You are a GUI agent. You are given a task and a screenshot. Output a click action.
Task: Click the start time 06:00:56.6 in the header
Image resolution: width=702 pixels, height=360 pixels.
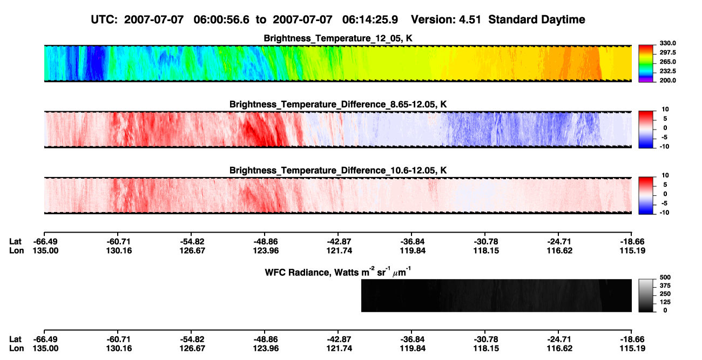coord(221,19)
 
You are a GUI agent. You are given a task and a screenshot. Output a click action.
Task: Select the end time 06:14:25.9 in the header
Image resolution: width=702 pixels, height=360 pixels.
coord(370,19)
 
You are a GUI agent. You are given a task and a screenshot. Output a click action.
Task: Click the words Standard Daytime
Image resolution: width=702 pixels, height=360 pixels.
coord(537,19)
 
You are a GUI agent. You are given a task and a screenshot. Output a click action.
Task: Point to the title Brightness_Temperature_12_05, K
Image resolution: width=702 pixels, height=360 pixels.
coord(338,38)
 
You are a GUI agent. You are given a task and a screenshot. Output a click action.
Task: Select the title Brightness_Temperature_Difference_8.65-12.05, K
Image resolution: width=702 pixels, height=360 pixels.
coord(338,104)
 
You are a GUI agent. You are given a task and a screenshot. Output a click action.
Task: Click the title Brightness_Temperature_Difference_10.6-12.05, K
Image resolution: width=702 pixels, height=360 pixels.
coord(338,171)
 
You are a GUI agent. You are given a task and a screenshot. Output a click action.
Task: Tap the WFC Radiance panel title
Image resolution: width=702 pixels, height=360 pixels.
coord(338,272)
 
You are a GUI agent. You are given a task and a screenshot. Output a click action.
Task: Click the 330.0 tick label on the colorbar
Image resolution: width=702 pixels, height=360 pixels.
coord(667,43)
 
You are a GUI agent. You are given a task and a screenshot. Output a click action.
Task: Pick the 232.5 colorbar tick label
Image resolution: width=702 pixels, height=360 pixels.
coord(667,71)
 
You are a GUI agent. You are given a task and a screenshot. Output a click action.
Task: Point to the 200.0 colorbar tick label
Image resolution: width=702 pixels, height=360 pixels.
coord(667,80)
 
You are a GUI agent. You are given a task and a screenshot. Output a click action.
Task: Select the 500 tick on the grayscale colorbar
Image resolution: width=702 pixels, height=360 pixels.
coord(665,277)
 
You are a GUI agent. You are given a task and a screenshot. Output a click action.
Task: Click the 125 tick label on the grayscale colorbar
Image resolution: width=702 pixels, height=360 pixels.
coord(665,302)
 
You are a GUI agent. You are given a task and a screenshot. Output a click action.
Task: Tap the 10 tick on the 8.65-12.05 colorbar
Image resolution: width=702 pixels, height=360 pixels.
coord(665,110)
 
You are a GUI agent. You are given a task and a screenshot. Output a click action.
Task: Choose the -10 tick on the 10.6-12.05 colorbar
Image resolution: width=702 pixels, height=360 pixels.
coord(664,213)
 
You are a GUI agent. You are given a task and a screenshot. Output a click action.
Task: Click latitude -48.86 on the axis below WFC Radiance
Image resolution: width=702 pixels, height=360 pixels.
coord(266,339)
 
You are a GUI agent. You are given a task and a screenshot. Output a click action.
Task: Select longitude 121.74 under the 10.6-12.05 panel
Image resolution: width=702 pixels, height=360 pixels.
coord(339,250)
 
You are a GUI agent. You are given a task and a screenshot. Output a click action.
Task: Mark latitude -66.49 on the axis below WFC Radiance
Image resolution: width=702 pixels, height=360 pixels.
coord(45,339)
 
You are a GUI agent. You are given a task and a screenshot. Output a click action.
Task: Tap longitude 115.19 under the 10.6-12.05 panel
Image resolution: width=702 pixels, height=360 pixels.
coord(632,250)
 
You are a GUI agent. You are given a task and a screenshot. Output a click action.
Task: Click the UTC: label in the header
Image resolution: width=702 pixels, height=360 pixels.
coord(104,19)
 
